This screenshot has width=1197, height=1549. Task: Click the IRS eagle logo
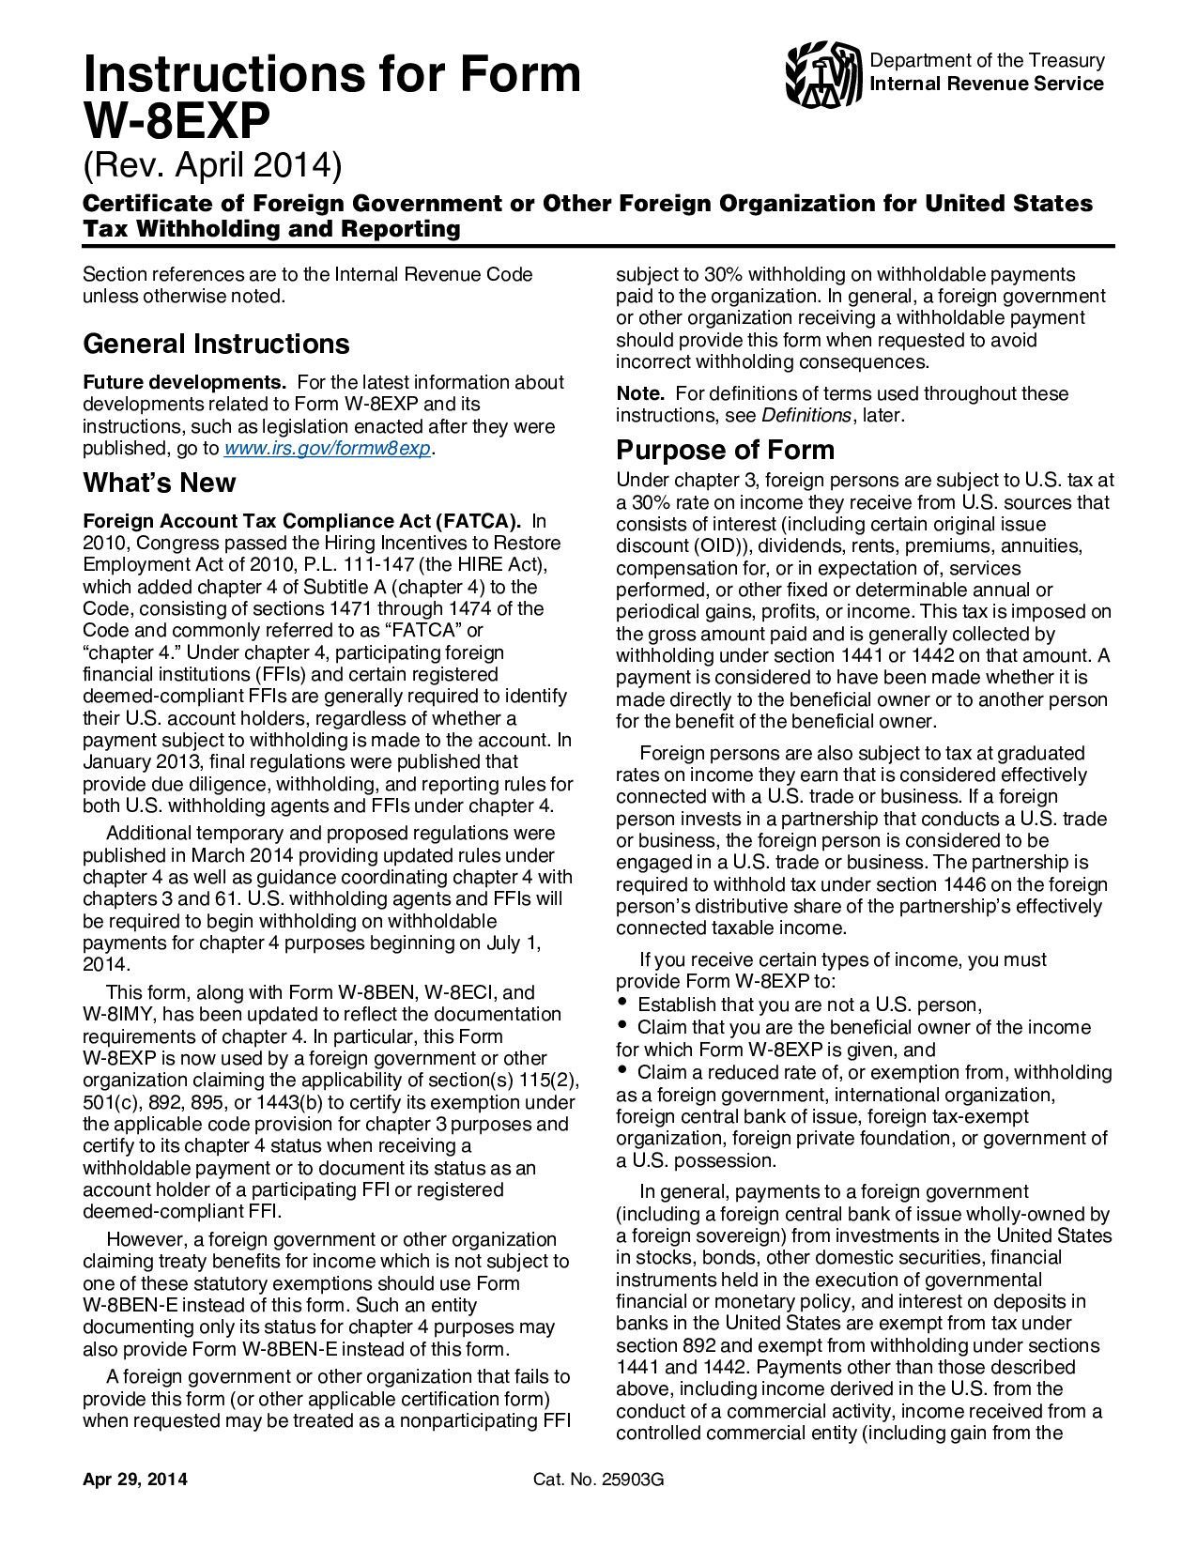pyautogui.click(x=823, y=74)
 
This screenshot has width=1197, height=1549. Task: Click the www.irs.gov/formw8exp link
pyautogui.click(x=328, y=449)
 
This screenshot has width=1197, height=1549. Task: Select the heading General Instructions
pyautogui.click(x=216, y=344)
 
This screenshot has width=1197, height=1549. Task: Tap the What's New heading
pyautogui.click(x=160, y=483)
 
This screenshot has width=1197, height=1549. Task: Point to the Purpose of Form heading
pyautogui.click(x=725, y=450)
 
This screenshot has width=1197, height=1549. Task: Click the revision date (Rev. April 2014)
pyautogui.click(x=213, y=165)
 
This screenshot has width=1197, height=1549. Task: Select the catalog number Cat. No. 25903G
pyautogui.click(x=598, y=1480)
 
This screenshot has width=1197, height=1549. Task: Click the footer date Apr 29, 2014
pyautogui.click(x=135, y=1480)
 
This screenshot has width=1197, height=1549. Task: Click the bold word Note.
pyautogui.click(x=639, y=394)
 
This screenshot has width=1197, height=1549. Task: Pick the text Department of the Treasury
pyautogui.click(x=987, y=61)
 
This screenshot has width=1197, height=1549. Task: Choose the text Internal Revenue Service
pyautogui.click(x=987, y=84)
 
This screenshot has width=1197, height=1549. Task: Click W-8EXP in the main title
pyautogui.click(x=176, y=120)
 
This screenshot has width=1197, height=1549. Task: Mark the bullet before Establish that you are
pyautogui.click(x=622, y=1003)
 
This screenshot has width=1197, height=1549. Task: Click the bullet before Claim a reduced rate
pyautogui.click(x=622, y=1070)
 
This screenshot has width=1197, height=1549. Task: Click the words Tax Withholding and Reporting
pyautogui.click(x=271, y=229)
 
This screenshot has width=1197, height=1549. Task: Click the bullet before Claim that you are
pyautogui.click(x=622, y=1025)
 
